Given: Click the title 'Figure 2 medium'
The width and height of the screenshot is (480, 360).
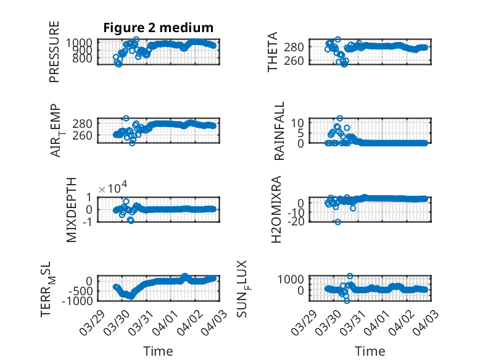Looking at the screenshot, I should coord(158,28).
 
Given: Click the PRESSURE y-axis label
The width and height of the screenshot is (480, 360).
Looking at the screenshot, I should coord(55,52).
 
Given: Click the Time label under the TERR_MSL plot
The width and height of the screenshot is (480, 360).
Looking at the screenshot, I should coord(159,351).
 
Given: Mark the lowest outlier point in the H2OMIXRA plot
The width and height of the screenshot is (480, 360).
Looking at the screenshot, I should coord(337,222).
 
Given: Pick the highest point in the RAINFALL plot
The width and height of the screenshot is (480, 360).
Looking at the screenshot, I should coord(339,118).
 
